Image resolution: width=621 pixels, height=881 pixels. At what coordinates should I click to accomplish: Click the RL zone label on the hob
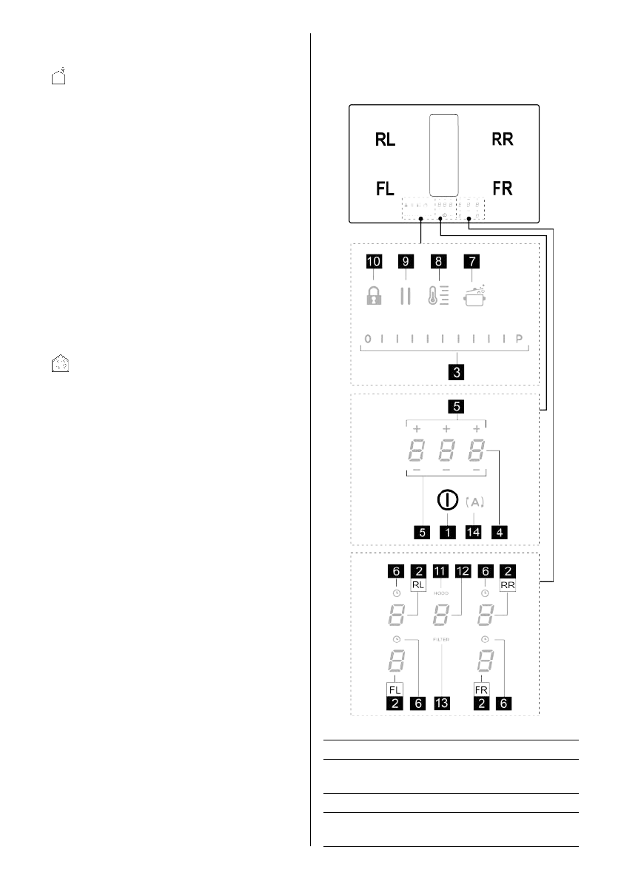pyautogui.click(x=385, y=140)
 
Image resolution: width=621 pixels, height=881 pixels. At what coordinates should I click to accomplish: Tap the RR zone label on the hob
pyautogui.click(x=503, y=140)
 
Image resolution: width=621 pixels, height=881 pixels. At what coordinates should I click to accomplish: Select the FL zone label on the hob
pyautogui.click(x=385, y=189)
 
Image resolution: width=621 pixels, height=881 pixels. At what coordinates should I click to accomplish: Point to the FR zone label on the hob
pyautogui.click(x=503, y=189)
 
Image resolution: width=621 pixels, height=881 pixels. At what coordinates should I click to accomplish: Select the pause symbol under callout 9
pyautogui.click(x=404, y=296)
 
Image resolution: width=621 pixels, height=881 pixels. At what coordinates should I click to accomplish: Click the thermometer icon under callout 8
pyautogui.click(x=438, y=296)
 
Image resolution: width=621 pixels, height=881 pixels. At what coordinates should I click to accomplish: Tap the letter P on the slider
pyautogui.click(x=519, y=340)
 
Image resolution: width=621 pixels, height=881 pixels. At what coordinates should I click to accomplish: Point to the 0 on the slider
pyautogui.click(x=366, y=340)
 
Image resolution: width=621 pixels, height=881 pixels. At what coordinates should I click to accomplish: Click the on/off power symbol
pyautogui.click(x=446, y=499)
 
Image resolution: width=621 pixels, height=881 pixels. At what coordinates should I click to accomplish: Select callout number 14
pyautogui.click(x=474, y=531)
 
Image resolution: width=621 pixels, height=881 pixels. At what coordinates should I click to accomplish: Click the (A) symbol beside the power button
pyautogui.click(x=476, y=502)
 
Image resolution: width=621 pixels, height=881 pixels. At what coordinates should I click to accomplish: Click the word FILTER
pyautogui.click(x=442, y=638)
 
